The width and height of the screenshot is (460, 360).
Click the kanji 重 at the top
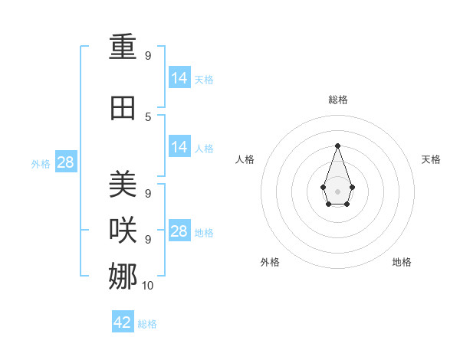pos(123,48)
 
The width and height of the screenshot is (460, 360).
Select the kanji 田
pos(123,108)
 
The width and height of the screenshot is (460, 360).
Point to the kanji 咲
pos(123,231)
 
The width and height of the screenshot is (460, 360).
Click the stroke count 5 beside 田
pos(148,116)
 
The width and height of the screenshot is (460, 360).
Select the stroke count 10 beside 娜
pos(148,286)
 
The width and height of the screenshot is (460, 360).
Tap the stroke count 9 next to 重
pos(148,56)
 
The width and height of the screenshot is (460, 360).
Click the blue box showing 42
pos(123,322)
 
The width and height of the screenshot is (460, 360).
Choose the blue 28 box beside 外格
pos(65,162)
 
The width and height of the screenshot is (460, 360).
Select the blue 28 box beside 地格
pos(179,231)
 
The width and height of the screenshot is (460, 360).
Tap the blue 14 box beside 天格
pos(179,78)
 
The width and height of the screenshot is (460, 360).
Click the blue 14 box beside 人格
pos(179,147)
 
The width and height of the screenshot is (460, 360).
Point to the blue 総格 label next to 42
pos(147,324)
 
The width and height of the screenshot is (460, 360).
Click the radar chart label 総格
pos(337,100)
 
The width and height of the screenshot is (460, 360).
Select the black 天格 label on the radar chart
pos(431,159)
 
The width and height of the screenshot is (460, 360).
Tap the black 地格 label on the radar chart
pos(402,262)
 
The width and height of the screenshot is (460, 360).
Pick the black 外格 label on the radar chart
pos(270,262)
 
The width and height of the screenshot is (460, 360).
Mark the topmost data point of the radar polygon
pos(337,145)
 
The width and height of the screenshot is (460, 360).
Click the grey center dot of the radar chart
pos(337,191)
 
